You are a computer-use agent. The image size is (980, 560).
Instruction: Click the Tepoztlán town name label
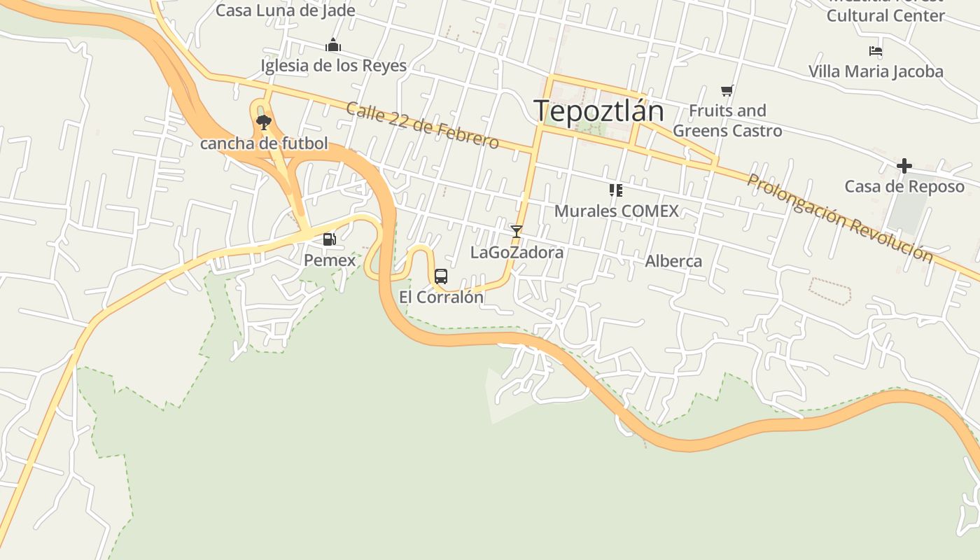coord(598,111)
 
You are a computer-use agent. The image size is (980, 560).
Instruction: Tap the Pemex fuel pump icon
coord(329,240)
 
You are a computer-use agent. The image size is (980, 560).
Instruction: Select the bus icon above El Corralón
coord(440,276)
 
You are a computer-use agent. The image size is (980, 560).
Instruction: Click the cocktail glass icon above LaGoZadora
coord(517,231)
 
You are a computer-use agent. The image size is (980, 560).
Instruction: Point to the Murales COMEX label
coord(616,211)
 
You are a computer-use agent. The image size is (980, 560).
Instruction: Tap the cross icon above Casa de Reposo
coord(904,166)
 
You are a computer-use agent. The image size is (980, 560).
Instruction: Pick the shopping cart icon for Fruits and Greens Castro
coord(727,90)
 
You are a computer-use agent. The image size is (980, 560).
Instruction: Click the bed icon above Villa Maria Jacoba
coord(875,51)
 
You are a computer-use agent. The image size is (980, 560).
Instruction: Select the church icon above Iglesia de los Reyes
coord(333,45)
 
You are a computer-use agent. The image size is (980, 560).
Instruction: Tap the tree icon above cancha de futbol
coord(264,123)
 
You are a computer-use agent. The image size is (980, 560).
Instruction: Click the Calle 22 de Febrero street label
coord(422,125)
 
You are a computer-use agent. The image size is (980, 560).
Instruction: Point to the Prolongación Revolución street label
coord(839,217)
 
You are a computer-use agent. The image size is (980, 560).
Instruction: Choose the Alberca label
coord(673,261)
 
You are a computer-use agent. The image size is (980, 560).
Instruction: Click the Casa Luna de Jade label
coord(285,10)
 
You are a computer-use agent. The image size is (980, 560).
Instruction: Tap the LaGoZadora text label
coord(517,252)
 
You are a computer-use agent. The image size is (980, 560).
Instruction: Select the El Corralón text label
coord(441,297)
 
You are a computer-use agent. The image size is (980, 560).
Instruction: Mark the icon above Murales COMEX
coord(616,190)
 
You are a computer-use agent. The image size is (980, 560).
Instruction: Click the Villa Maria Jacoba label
coord(876,71)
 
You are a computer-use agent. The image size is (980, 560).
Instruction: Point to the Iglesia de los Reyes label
coord(333,66)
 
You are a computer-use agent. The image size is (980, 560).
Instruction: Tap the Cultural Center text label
coord(885,15)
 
